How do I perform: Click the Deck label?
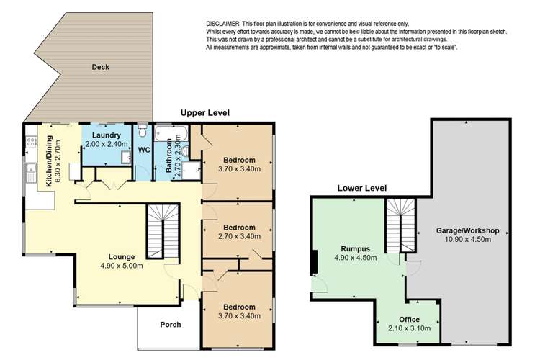click(100, 68)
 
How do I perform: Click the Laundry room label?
click(100, 135)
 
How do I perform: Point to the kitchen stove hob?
click(32, 141)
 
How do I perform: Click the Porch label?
click(170, 325)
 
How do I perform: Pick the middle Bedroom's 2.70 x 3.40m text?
click(237, 235)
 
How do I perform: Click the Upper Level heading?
click(204, 113)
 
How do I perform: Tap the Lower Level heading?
click(362, 189)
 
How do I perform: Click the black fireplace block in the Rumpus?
click(313, 261)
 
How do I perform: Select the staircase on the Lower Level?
click(401, 224)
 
